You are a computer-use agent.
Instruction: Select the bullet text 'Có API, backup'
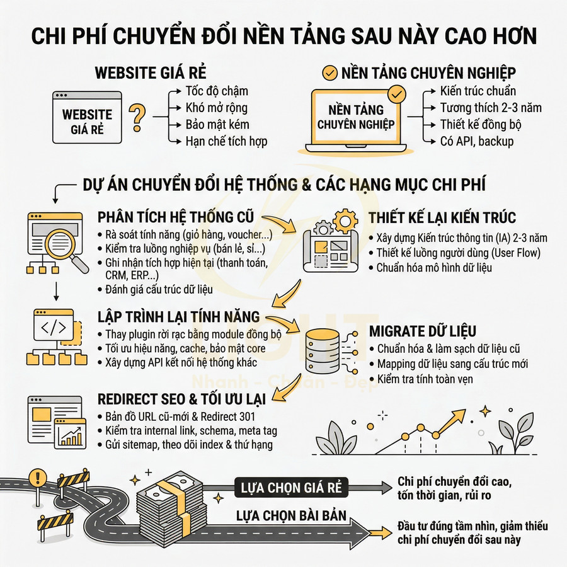[x=476, y=141]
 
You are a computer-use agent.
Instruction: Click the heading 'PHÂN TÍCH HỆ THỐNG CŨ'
[x=176, y=218]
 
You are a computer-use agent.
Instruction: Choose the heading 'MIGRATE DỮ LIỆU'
[x=422, y=331]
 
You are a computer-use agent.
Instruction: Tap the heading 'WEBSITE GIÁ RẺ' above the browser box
[x=151, y=72]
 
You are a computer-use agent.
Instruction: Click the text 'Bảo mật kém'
[x=217, y=124]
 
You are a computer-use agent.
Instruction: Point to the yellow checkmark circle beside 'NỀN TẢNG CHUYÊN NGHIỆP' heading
[x=329, y=73]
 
